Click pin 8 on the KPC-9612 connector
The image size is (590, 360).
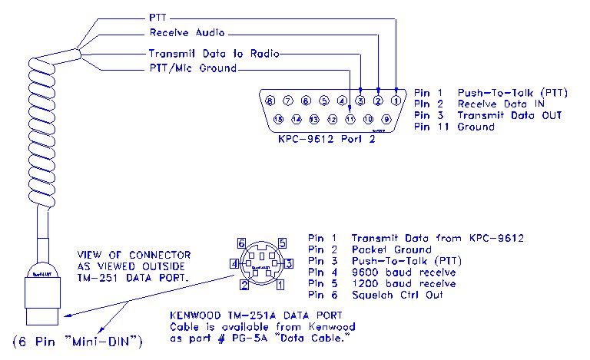270,100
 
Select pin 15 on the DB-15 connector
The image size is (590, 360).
278,119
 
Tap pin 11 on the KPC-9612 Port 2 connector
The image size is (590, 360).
350,119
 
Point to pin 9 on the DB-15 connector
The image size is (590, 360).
386,119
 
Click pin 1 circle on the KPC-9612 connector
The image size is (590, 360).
396,100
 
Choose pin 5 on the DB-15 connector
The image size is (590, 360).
323,100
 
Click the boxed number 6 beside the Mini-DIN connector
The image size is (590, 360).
242,243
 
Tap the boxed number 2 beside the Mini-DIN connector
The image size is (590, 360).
244,286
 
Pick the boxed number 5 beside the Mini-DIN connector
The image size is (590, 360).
282,243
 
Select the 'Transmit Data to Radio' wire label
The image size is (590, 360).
213,54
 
